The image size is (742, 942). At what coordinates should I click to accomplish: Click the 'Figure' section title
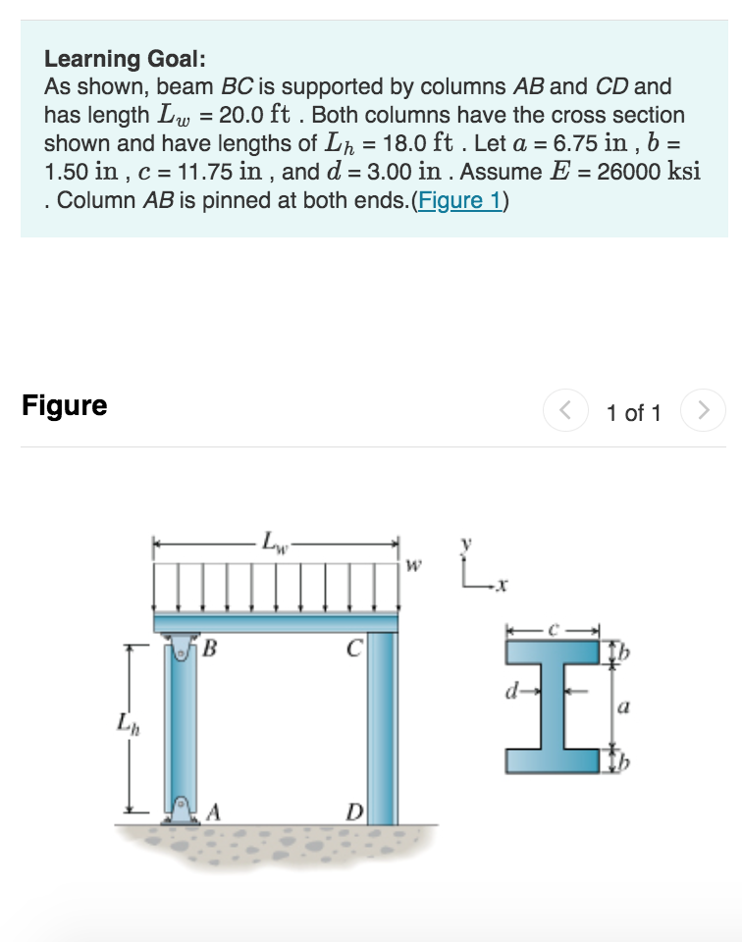(x=65, y=405)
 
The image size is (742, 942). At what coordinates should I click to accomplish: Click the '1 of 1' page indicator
(x=634, y=413)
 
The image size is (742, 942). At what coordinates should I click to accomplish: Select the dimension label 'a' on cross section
(x=622, y=706)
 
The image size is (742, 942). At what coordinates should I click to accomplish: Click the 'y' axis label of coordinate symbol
(x=468, y=543)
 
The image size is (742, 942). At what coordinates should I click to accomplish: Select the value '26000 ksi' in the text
(x=649, y=172)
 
